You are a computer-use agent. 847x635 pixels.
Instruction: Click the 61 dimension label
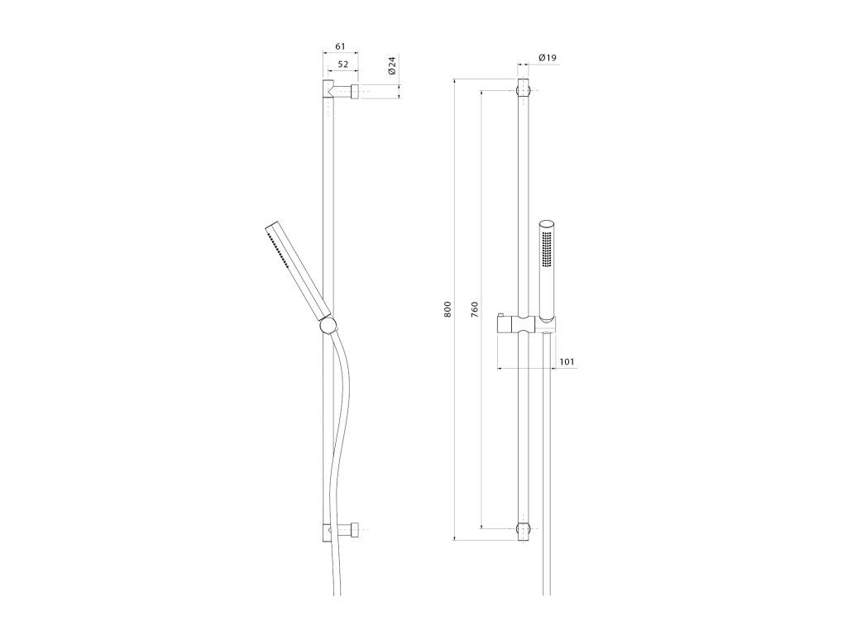340,46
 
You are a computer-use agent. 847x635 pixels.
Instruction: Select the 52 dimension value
343,64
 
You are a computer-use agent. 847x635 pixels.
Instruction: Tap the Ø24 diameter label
393,65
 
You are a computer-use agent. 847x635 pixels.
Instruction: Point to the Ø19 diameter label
548,57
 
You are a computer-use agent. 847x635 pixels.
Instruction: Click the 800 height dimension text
447,309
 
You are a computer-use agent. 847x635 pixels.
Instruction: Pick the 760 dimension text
474,309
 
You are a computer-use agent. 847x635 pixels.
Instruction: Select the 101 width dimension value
567,362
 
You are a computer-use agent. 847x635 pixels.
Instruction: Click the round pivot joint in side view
328,326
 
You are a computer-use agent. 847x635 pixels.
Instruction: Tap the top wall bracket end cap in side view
356,92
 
